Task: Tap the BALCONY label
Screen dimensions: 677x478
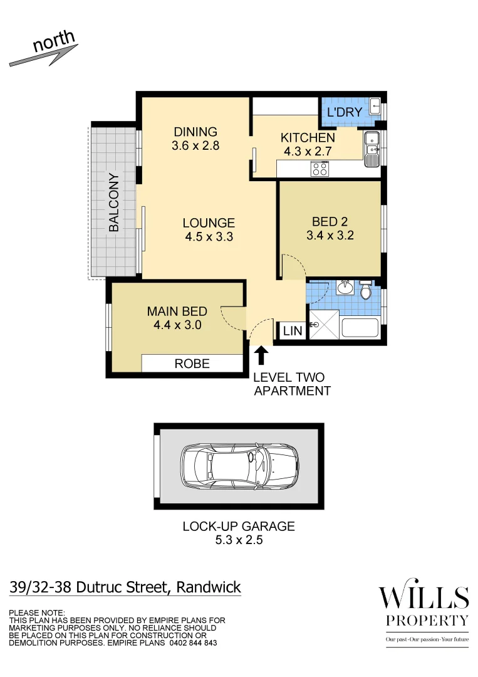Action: coord(114,202)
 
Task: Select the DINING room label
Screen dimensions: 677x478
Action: coord(195,132)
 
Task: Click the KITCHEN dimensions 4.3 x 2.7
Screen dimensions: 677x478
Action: coord(307,151)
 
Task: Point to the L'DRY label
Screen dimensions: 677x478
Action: coord(345,112)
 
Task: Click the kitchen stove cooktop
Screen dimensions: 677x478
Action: coord(320,168)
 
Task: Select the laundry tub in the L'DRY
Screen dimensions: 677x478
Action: coord(374,106)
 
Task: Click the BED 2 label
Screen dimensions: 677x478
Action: coord(330,221)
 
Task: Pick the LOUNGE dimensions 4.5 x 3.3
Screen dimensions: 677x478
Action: coord(209,237)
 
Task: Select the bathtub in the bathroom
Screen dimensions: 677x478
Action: coord(360,328)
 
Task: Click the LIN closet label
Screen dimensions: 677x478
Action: coord(293,331)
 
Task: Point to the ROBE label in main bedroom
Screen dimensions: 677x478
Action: coord(192,364)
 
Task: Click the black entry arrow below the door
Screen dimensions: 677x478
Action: coord(261,356)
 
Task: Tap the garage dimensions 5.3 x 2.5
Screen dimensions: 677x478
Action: coord(238,540)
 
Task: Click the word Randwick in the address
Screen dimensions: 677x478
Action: coord(209,587)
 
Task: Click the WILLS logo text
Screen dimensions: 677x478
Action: coord(423,597)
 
